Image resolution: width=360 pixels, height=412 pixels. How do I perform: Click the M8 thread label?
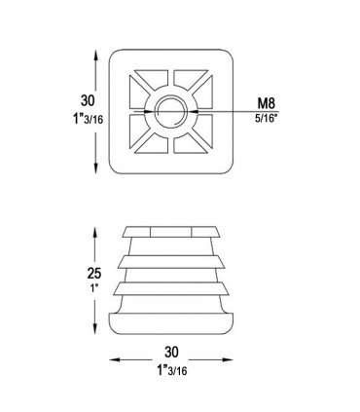point(266,103)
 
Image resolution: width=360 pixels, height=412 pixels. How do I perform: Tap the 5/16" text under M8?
point(267,118)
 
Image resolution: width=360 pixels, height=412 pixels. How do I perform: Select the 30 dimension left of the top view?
point(88,100)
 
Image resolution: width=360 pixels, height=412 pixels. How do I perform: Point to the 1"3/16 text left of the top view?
point(88,118)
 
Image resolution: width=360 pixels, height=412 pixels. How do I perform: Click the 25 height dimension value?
point(94,274)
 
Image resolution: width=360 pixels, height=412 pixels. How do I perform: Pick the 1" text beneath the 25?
point(94,288)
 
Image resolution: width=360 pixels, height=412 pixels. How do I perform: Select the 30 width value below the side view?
point(171,352)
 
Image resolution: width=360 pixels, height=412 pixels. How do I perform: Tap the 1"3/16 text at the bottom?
point(171,370)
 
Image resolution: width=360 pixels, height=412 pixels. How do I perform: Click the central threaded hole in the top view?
point(171,111)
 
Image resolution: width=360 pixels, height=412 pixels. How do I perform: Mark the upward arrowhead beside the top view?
point(95,56)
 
